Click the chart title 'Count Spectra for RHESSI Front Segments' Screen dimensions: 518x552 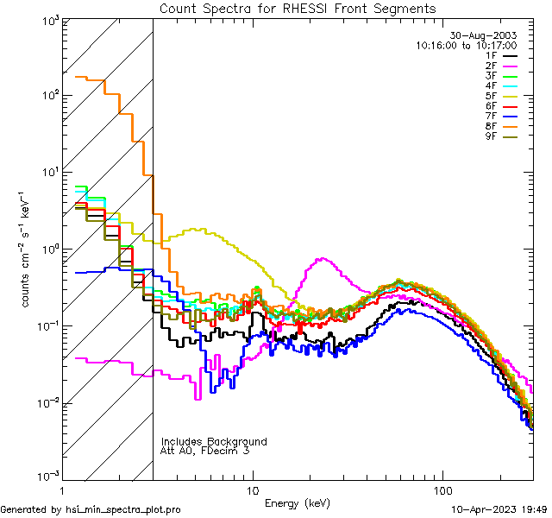(x=298, y=8)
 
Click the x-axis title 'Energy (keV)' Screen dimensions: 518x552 (x=298, y=502)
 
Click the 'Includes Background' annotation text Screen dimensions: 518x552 (x=214, y=441)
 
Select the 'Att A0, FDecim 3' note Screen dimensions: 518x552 (x=205, y=451)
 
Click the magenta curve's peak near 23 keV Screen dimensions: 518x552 (x=322, y=258)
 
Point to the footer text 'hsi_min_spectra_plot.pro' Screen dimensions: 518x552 (x=123, y=510)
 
